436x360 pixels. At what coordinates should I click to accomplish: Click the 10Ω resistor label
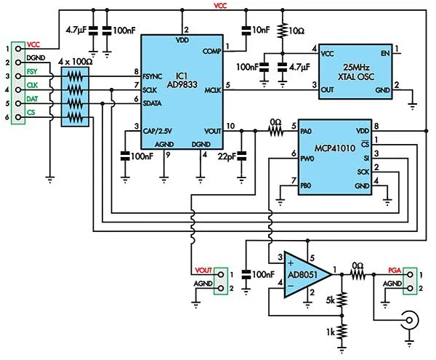tap(296, 31)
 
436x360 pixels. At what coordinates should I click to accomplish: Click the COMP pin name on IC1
tap(212, 50)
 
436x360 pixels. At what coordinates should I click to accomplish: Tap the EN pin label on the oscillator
tap(384, 52)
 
